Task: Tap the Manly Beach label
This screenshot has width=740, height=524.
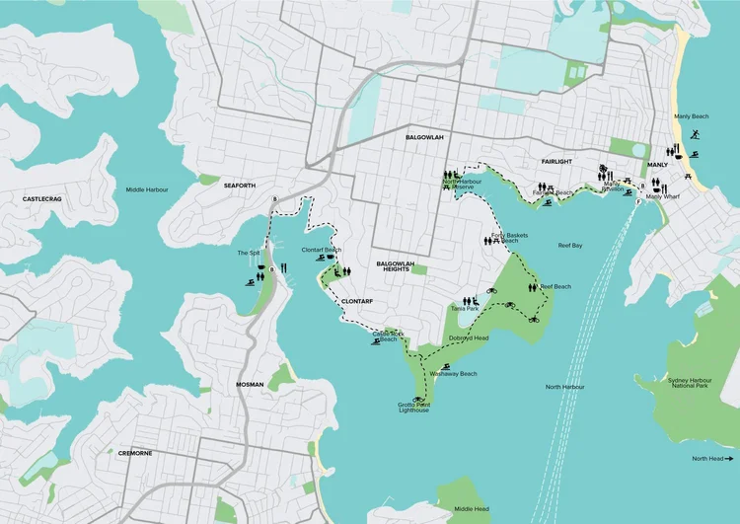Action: coord(691,116)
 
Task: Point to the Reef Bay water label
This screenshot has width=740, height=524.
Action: coord(571,244)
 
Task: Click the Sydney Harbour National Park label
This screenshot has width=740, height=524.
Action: coord(695,383)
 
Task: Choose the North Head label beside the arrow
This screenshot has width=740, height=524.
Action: coord(707,459)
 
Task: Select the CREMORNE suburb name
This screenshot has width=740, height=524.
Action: coord(135,453)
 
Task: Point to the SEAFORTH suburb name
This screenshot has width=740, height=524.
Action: coord(240,185)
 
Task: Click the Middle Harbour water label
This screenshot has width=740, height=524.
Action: coord(147,189)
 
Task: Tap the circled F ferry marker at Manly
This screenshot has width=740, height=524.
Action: coord(638,202)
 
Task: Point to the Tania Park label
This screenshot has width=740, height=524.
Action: coord(464,309)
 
